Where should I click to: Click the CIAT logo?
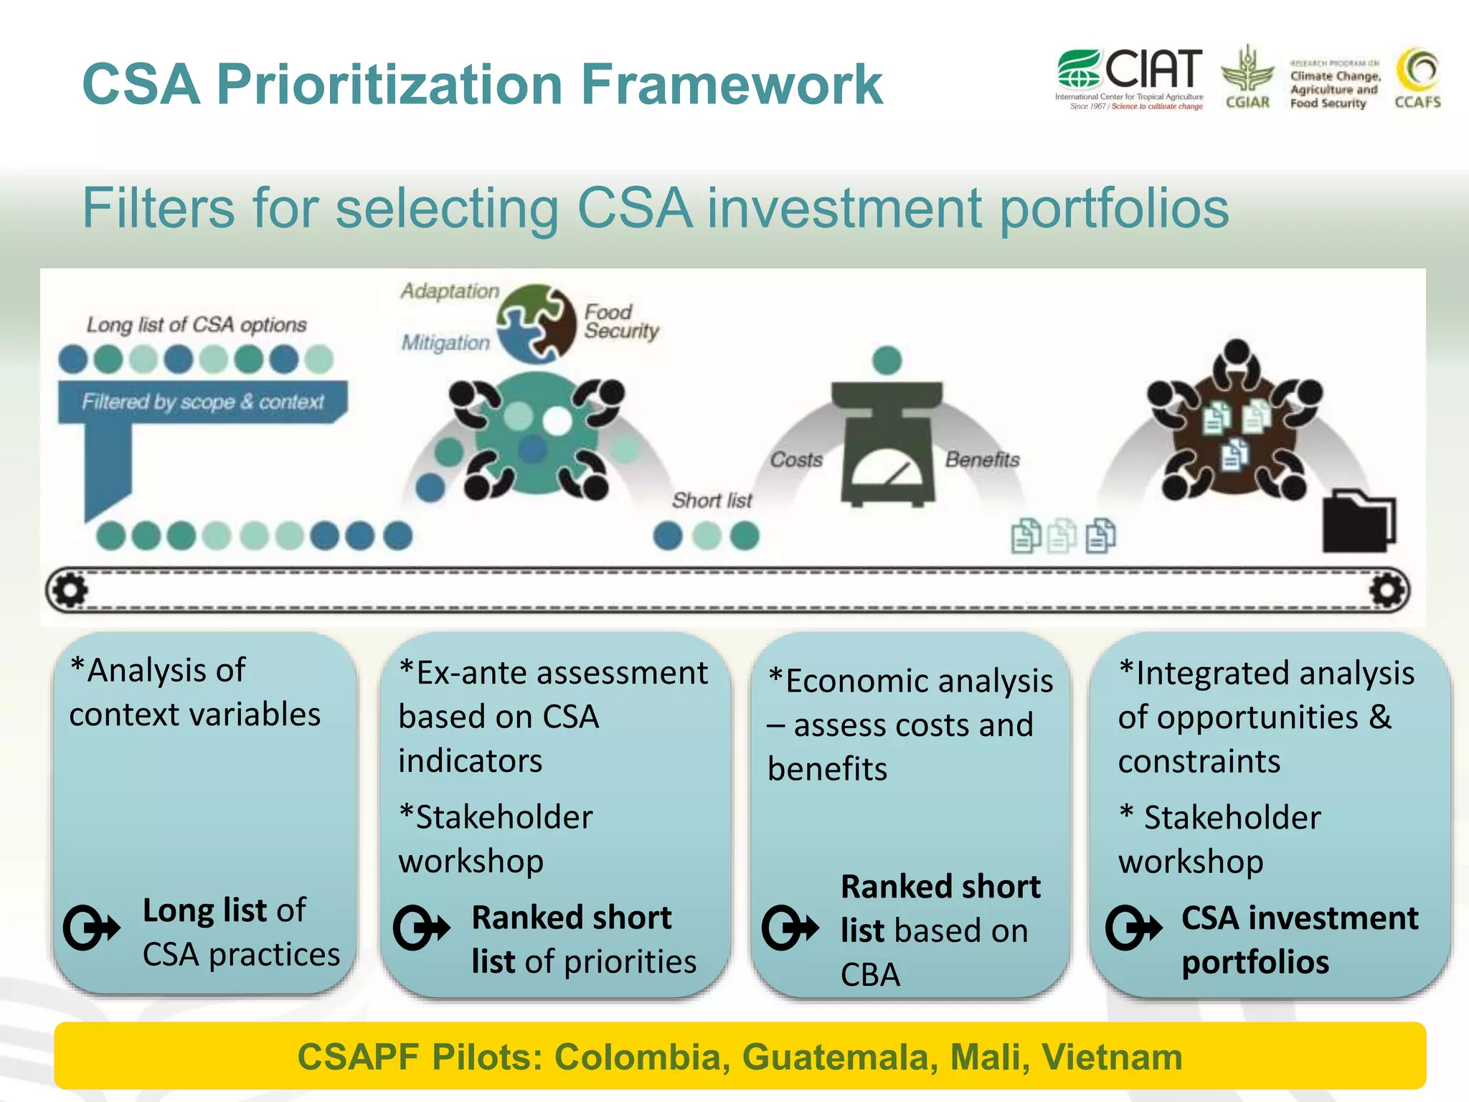coord(1129,77)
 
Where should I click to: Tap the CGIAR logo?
coord(1247,77)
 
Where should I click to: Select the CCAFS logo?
coord(1417,77)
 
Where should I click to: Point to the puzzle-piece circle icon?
coord(537,323)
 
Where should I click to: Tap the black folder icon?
coord(1358,522)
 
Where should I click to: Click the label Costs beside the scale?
coord(796,460)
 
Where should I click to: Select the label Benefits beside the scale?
coord(982,459)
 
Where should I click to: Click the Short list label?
coord(712,500)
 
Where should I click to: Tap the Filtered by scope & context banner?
coord(203,402)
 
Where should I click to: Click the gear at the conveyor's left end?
coord(70,590)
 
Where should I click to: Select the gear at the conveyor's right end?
coord(1388,590)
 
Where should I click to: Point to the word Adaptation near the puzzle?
coord(450,291)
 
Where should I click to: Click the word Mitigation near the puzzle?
coord(445,343)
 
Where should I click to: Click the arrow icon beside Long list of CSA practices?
coord(91,928)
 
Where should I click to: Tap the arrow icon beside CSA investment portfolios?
coord(1133,928)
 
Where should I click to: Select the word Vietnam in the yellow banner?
coord(1111,1057)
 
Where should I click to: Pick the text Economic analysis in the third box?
coord(919,681)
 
